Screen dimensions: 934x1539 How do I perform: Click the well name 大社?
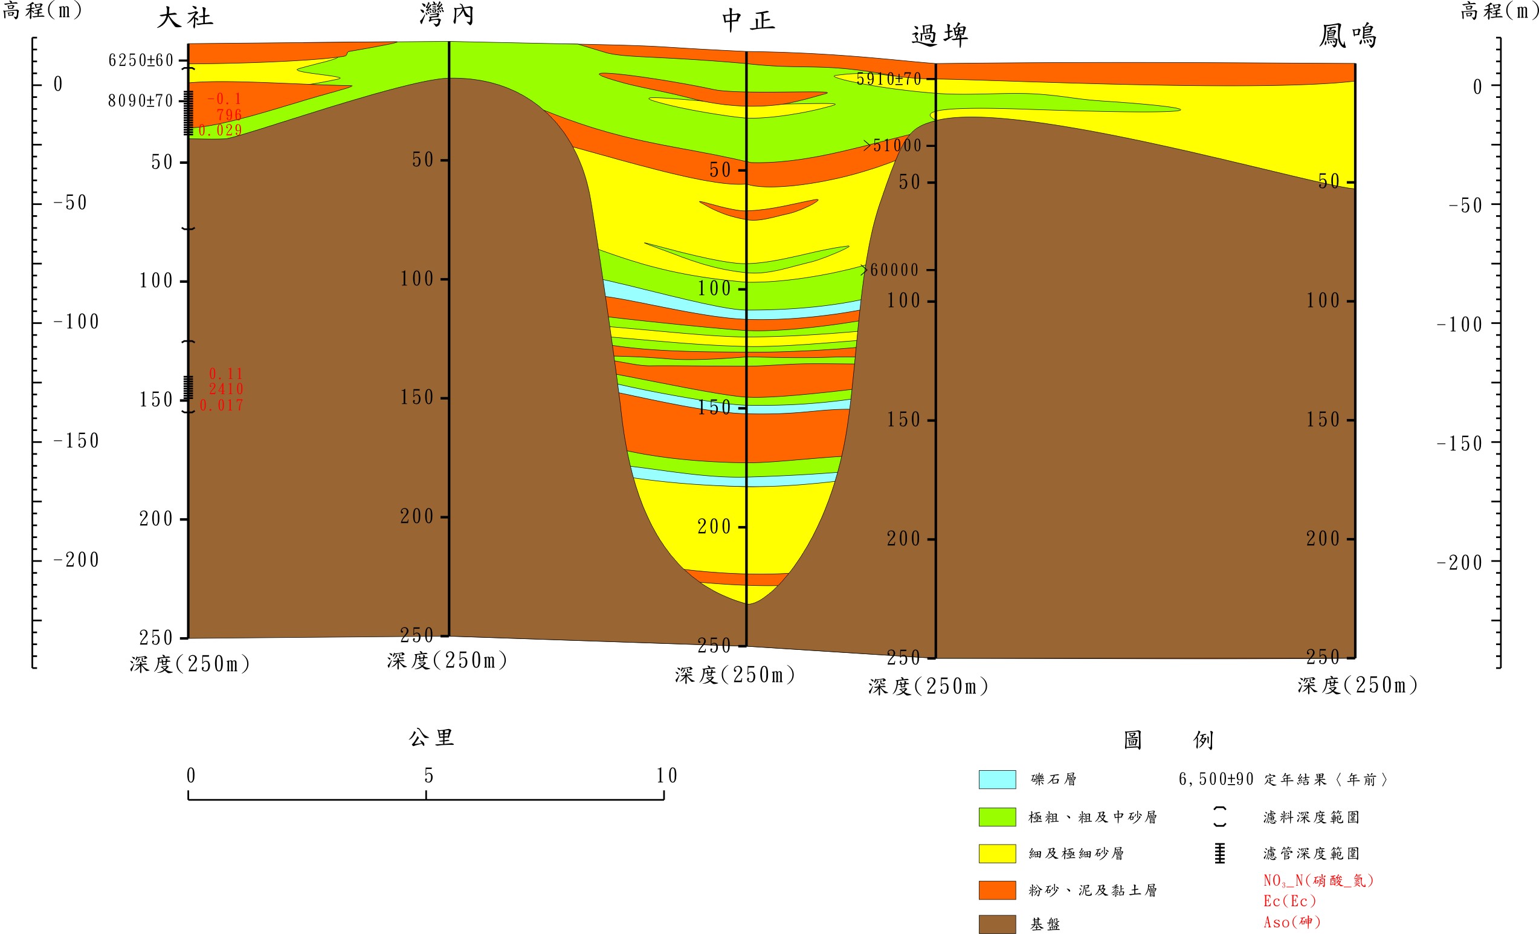(185, 18)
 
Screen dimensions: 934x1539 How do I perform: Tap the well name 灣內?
(447, 15)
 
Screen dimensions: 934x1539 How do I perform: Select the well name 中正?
(748, 21)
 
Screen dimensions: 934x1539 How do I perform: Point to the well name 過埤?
(940, 36)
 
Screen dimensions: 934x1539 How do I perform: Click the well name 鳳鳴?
(1347, 36)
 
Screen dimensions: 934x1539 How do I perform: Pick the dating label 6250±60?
(141, 60)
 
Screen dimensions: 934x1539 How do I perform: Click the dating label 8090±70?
(140, 100)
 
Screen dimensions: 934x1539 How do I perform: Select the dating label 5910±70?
(888, 79)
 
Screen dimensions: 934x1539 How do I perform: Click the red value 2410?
(225, 389)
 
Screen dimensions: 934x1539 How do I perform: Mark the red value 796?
(228, 115)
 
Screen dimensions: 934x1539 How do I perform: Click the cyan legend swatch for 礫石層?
(997, 779)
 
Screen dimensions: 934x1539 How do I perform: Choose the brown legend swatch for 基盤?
(997, 924)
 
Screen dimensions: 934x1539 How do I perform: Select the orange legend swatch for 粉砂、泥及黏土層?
(997, 890)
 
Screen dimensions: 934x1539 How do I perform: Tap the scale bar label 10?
(666, 776)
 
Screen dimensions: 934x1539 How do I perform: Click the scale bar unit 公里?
(431, 738)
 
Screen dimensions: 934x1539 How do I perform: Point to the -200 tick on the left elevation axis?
(76, 560)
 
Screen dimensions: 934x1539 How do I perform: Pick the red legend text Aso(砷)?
(1292, 922)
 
